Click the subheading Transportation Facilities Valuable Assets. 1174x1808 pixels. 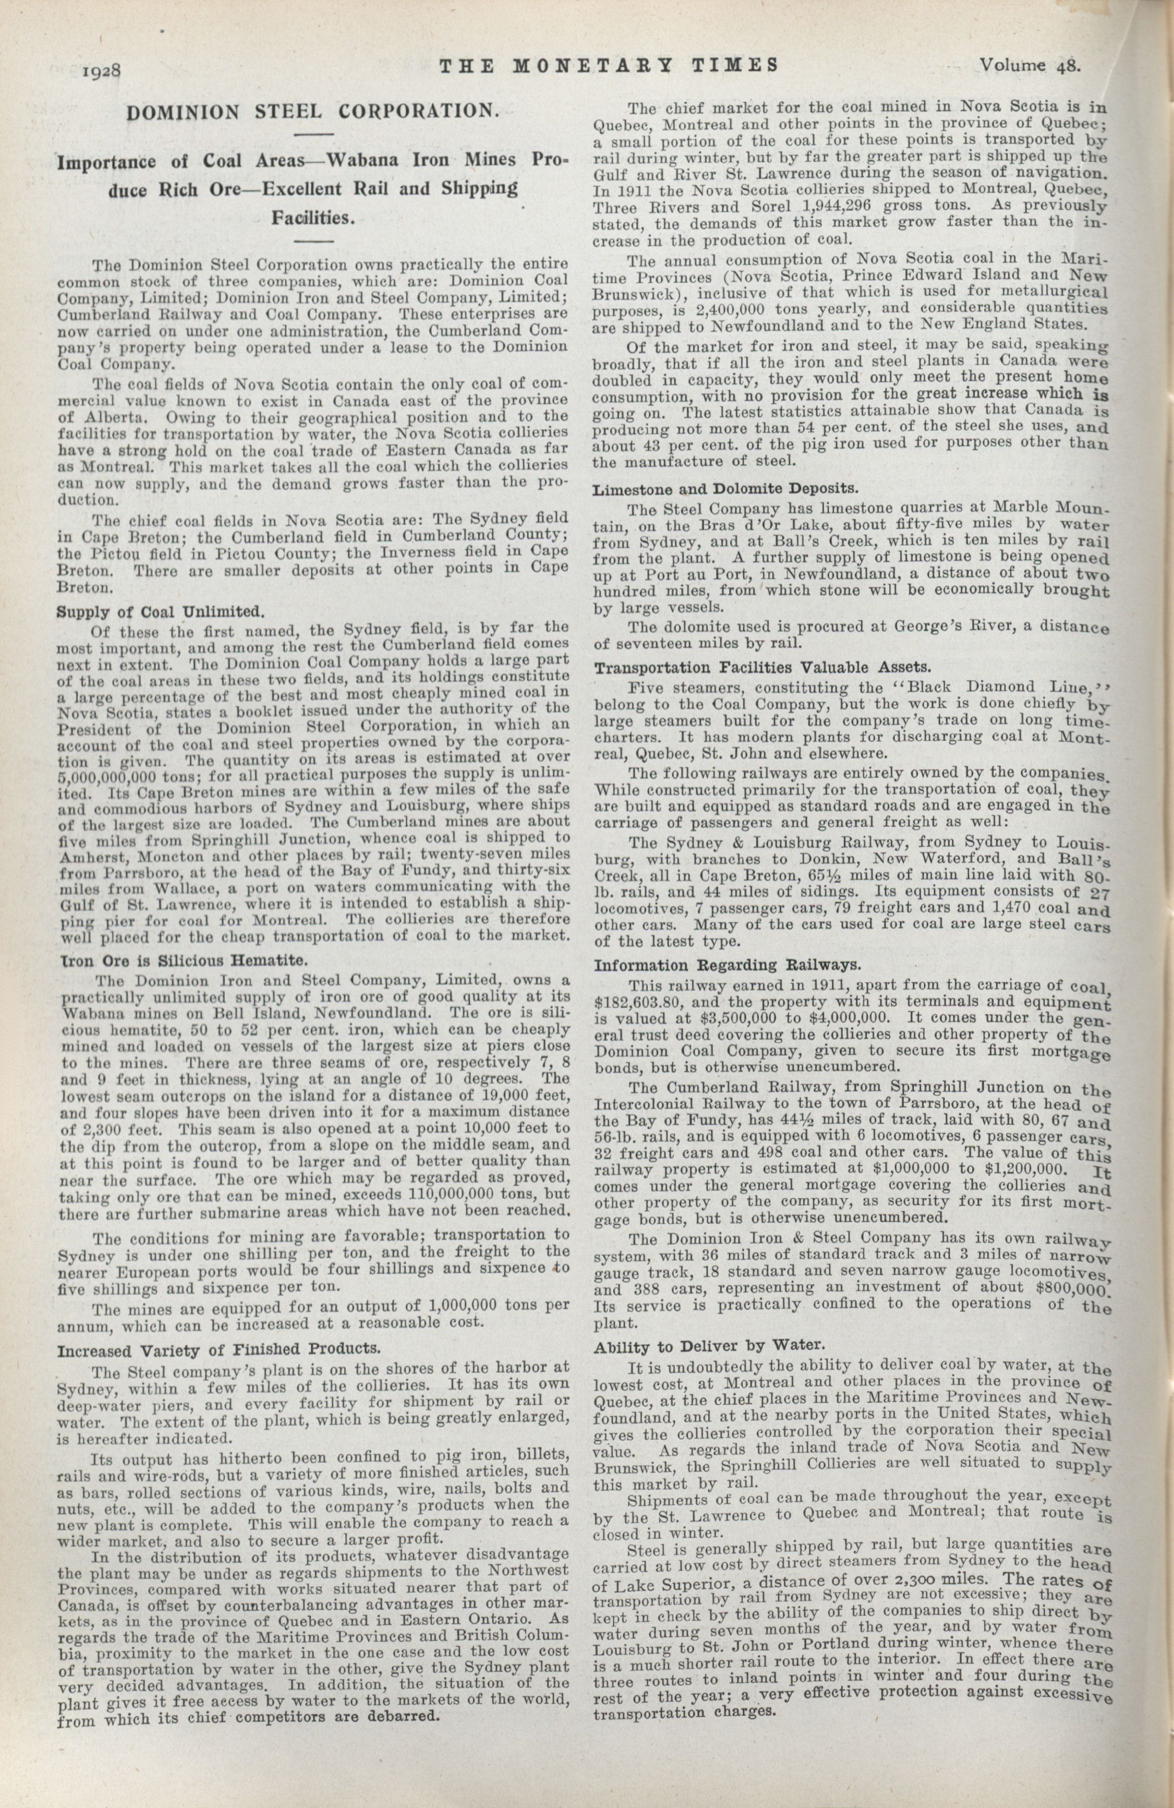click(x=761, y=668)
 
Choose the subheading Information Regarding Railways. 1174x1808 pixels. click(x=727, y=966)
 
